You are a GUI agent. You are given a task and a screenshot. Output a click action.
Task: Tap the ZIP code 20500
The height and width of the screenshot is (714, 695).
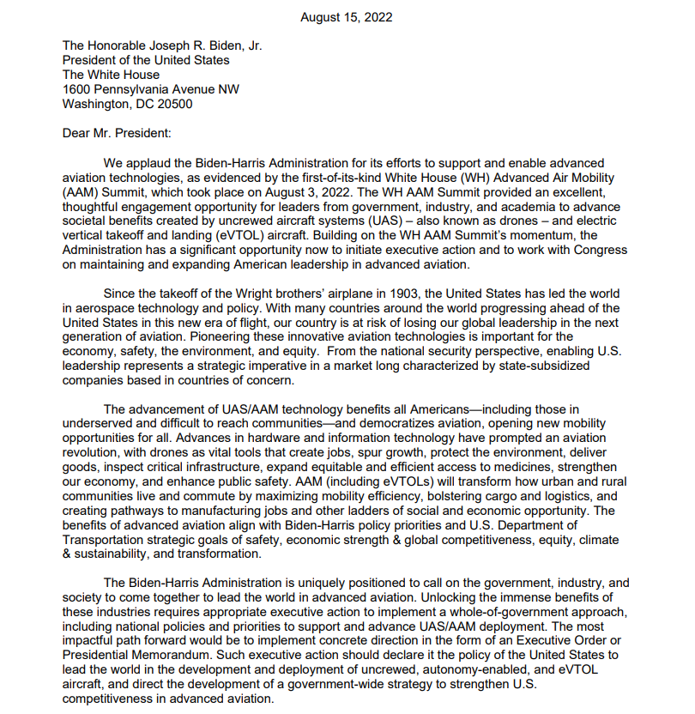[x=173, y=104]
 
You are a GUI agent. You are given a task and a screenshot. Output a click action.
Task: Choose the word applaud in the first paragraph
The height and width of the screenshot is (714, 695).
[x=151, y=162]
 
